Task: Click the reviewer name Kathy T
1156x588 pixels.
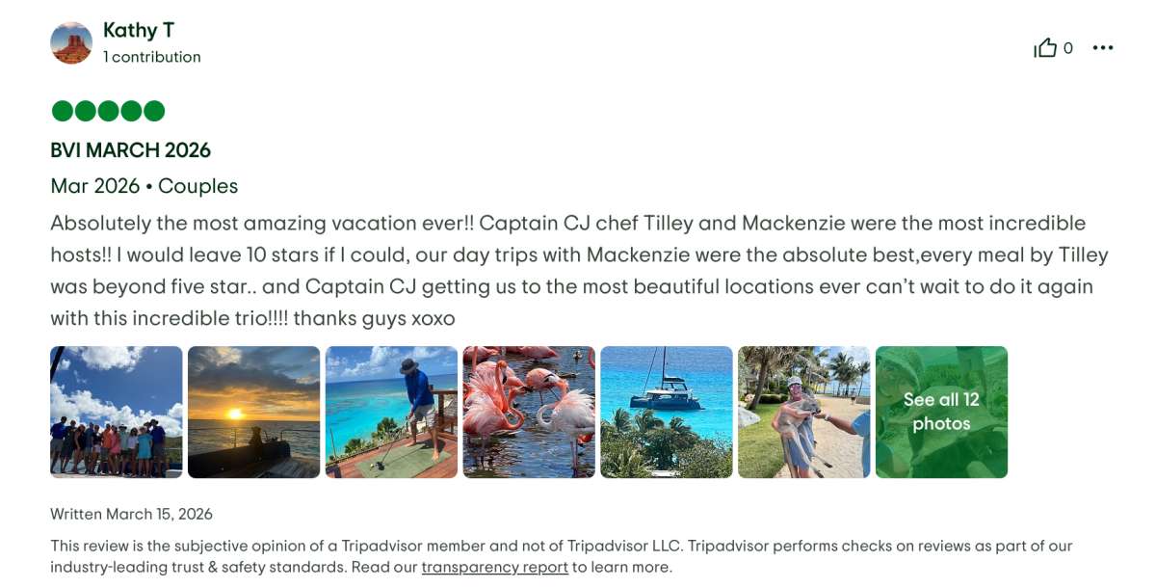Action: point(139,31)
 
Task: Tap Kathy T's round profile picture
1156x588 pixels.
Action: point(71,42)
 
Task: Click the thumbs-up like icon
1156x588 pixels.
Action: point(1045,48)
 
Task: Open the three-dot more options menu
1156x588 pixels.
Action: point(1103,48)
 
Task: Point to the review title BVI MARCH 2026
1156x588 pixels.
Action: point(131,150)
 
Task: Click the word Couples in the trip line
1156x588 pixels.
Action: point(197,186)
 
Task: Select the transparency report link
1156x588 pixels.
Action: point(494,567)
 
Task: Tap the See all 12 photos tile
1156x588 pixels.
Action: point(941,412)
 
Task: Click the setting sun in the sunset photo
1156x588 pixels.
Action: point(235,414)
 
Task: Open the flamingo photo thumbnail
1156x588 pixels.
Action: point(529,412)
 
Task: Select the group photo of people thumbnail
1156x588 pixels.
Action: point(117,412)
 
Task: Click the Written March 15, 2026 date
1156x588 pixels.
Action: point(131,514)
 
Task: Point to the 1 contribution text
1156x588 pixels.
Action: point(152,57)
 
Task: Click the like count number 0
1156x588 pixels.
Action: point(1067,48)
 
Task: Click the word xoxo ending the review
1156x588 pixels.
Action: point(433,318)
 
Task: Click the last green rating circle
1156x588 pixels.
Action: point(154,111)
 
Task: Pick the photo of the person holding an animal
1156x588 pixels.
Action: point(803,412)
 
